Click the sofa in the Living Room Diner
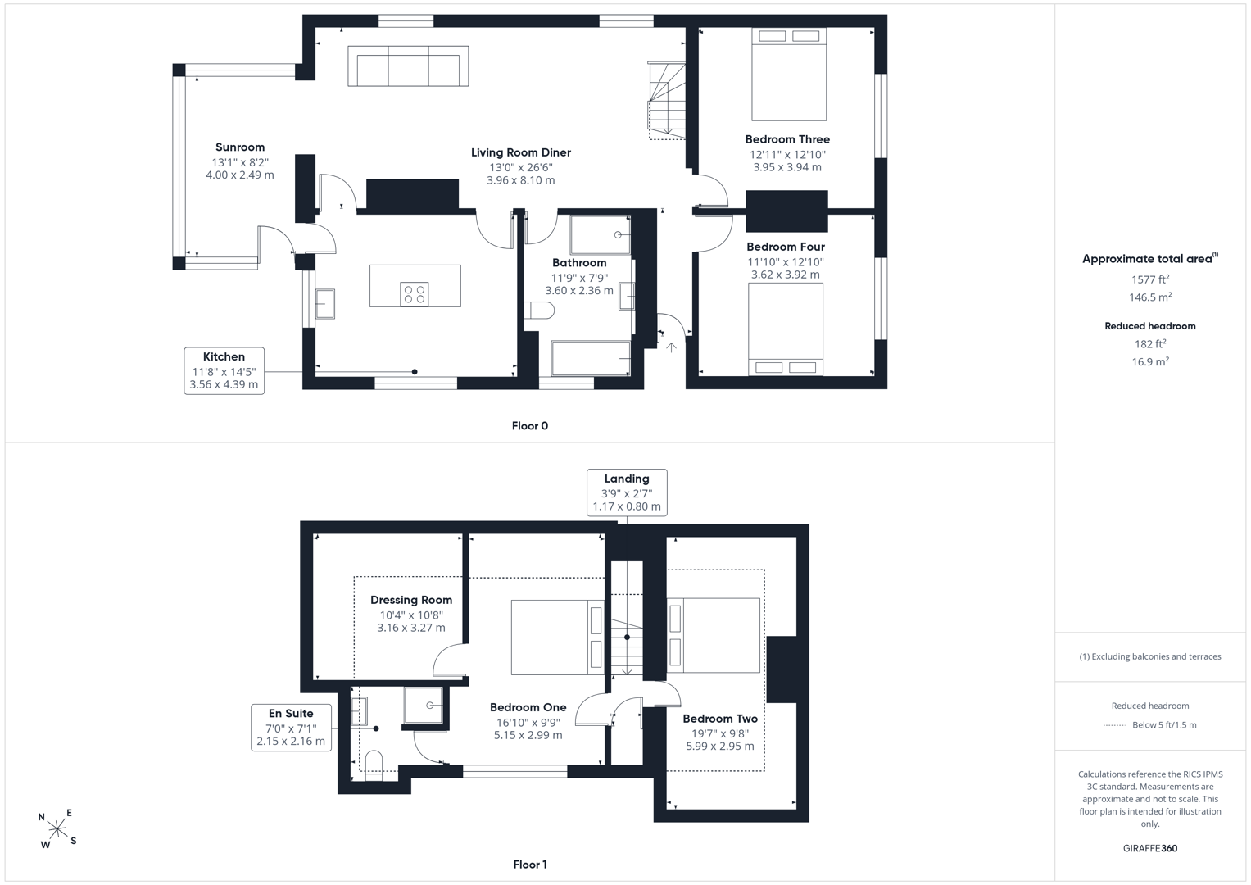408,66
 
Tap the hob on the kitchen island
415,294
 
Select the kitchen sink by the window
324,303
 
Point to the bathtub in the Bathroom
591,358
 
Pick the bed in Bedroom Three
789,75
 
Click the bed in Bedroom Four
785,329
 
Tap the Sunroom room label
240,147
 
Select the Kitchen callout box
224,371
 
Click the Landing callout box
627,492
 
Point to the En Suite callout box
291,728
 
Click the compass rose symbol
57,828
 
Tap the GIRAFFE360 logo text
1150,848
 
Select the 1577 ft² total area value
1150,279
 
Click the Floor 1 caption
530,865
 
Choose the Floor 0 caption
530,426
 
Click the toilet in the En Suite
374,765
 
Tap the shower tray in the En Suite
424,705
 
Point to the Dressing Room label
411,600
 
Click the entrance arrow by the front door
671,347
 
